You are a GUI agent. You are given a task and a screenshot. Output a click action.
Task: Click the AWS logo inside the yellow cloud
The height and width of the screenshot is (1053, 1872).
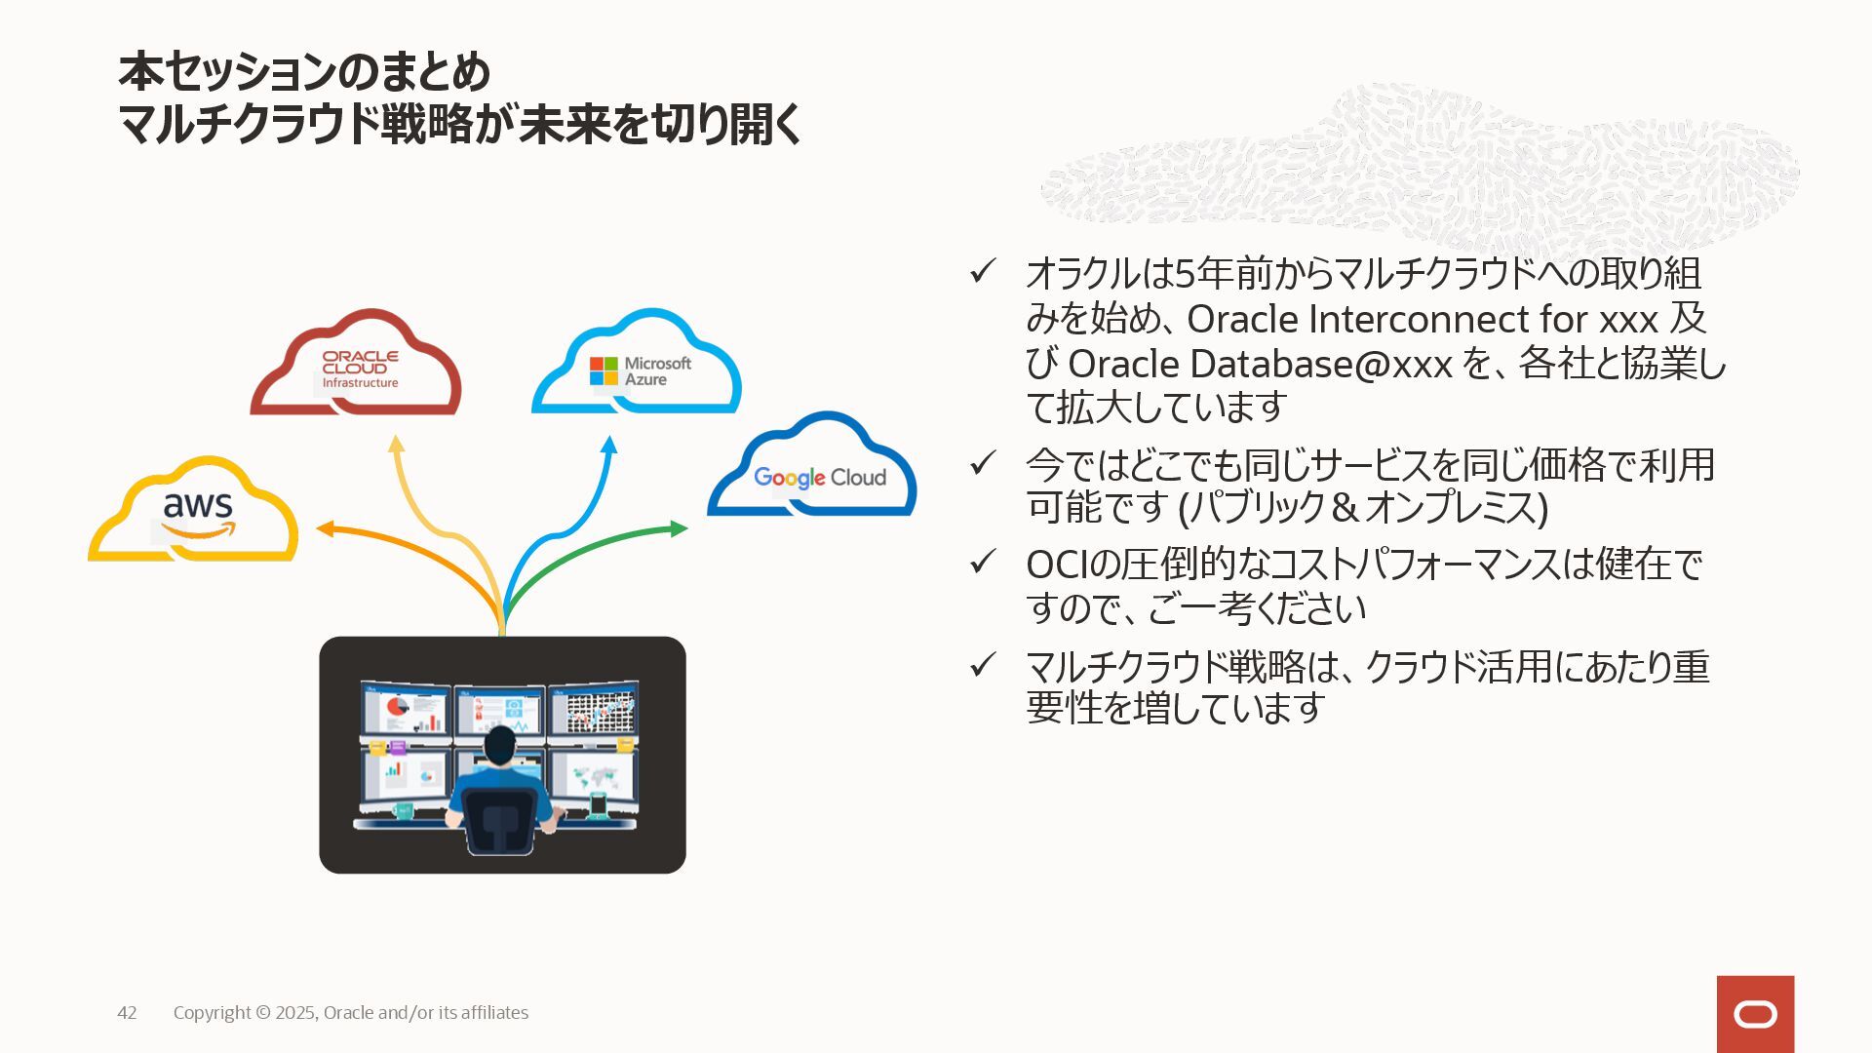click(x=198, y=513)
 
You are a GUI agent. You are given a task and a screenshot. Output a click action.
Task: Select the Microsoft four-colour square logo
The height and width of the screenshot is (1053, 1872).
click(x=604, y=371)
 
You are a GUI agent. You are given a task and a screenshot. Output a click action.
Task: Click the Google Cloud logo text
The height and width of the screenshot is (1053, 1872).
click(x=819, y=478)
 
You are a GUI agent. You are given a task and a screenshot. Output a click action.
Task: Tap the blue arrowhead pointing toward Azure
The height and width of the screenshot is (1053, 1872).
click(x=609, y=445)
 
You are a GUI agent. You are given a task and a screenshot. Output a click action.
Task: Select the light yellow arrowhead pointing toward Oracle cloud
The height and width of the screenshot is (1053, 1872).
click(x=396, y=444)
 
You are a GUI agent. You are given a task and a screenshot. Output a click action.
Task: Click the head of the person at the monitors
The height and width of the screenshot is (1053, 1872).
click(x=500, y=746)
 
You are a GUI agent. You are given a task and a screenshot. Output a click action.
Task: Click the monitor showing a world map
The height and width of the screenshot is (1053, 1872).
click(x=592, y=777)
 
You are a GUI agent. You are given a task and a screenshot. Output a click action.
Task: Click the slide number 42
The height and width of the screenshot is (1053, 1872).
click(x=127, y=1013)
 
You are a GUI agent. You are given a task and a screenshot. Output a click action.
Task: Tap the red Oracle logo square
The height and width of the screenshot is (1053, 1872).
click(x=1755, y=1014)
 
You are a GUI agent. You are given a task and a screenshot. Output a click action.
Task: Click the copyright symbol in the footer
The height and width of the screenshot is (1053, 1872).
click(x=263, y=1013)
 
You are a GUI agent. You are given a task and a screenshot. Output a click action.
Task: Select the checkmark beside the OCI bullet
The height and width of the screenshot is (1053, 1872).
click(x=982, y=562)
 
